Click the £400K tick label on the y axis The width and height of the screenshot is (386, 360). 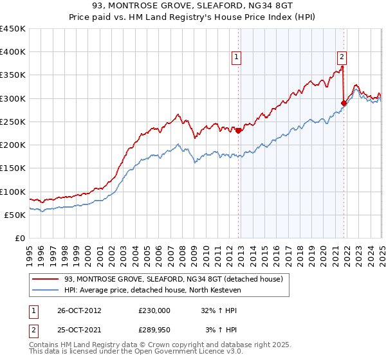[x=12, y=52]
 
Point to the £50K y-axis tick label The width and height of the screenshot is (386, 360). [x=15, y=215]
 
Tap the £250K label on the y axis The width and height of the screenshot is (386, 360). [x=12, y=122]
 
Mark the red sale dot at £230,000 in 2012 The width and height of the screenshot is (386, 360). [x=239, y=130]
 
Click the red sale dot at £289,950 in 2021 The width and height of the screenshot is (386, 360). [x=344, y=103]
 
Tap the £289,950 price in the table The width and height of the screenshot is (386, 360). [x=154, y=329]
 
